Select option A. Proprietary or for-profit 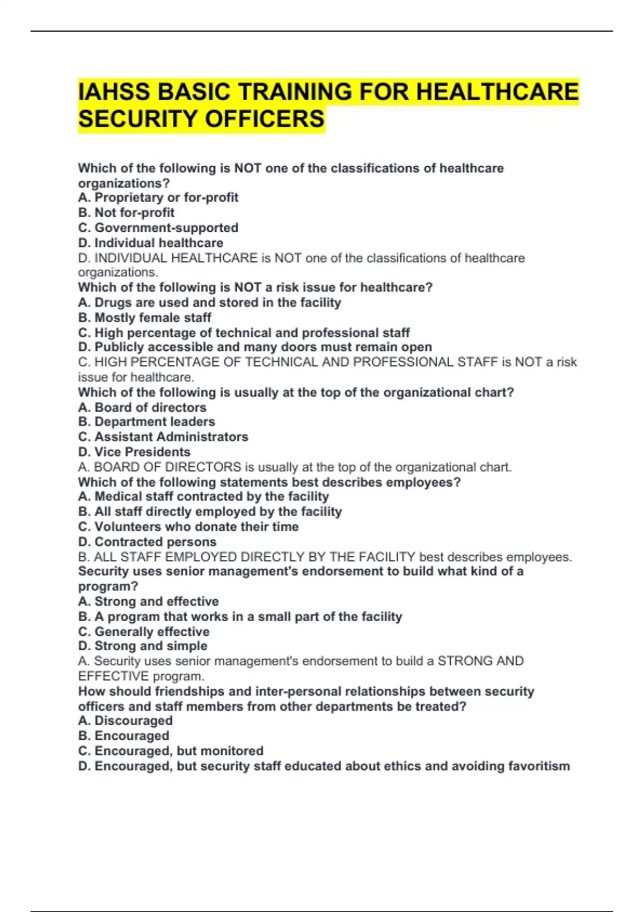pyautogui.click(x=158, y=197)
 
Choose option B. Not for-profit pyautogui.click(x=126, y=212)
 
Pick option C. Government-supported pyautogui.click(x=158, y=227)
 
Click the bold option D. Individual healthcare pyautogui.click(x=150, y=242)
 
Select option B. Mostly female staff pyautogui.click(x=144, y=318)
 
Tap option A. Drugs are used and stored pyautogui.click(x=209, y=303)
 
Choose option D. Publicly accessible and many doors pyautogui.click(x=255, y=347)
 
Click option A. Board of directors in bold pyautogui.click(x=142, y=407)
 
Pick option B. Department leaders pyautogui.click(x=146, y=422)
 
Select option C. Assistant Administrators pyautogui.click(x=163, y=437)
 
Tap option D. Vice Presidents pyautogui.click(x=134, y=452)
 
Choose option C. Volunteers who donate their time pyautogui.click(x=188, y=526)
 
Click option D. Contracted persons pyautogui.click(x=147, y=541)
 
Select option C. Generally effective pyautogui.click(x=143, y=631)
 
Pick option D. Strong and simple pyautogui.click(x=142, y=646)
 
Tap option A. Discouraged pyautogui.click(x=125, y=720)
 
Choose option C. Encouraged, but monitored pyautogui.click(x=171, y=751)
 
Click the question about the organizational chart pyautogui.click(x=296, y=392)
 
